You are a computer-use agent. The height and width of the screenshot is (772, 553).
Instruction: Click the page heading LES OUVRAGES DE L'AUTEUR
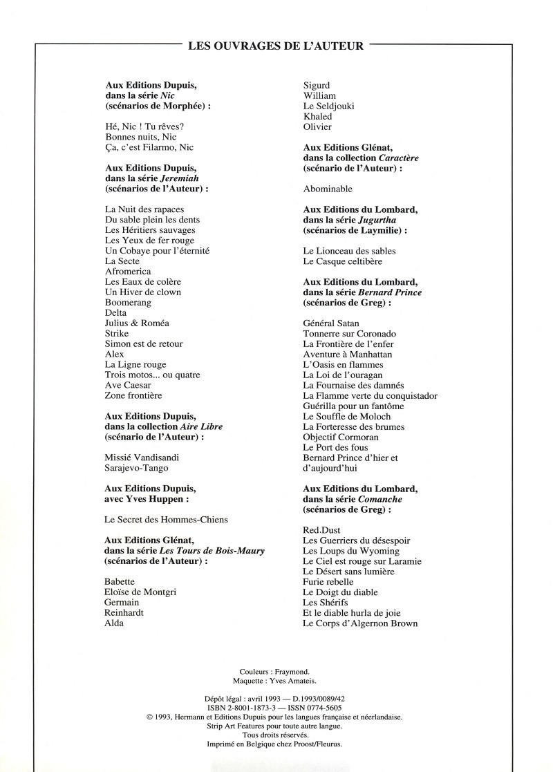(x=276, y=47)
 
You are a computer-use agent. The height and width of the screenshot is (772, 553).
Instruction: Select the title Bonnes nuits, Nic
(x=135, y=137)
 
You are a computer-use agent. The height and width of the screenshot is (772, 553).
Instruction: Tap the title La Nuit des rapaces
(x=144, y=209)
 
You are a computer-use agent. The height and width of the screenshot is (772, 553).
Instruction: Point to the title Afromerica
(x=128, y=272)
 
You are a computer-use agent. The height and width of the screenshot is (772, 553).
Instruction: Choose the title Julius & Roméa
(x=137, y=323)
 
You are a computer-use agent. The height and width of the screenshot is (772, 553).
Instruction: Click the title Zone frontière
(x=133, y=395)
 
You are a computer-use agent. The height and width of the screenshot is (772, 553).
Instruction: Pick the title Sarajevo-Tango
(x=136, y=468)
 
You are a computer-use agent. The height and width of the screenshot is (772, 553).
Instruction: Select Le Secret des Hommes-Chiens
(x=166, y=520)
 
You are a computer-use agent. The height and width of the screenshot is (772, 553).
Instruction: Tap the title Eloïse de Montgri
(x=142, y=592)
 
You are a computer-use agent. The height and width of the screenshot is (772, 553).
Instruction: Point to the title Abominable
(x=328, y=189)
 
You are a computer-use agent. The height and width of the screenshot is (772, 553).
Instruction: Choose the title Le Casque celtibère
(x=342, y=261)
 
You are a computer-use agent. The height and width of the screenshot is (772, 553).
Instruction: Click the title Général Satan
(x=331, y=323)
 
